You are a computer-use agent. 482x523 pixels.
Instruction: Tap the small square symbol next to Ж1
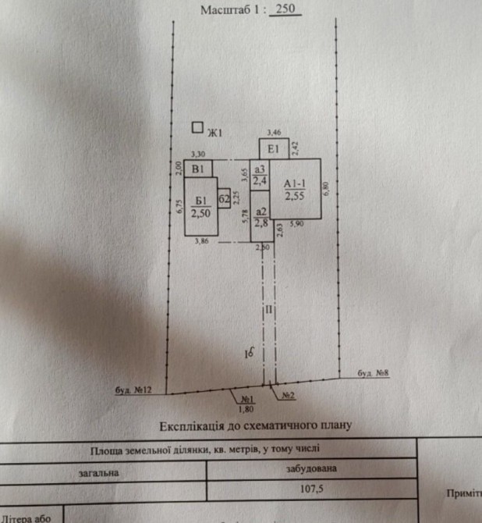(197, 128)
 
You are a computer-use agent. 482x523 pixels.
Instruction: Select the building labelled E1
(273, 149)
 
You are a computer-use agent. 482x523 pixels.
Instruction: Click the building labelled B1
(198, 168)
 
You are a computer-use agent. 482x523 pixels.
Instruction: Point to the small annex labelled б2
(224, 198)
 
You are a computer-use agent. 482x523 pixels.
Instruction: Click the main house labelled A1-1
(295, 189)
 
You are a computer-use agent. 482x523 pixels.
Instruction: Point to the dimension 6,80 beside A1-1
(327, 188)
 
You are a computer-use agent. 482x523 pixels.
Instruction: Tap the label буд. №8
(373, 373)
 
